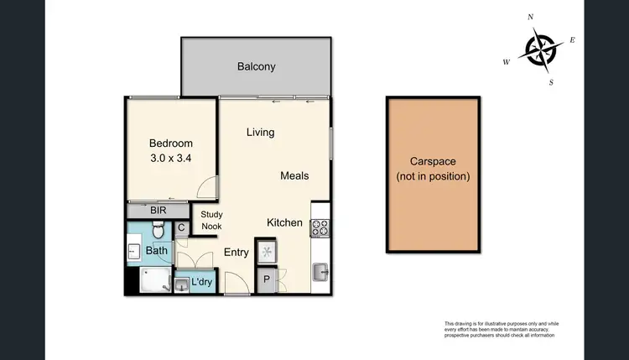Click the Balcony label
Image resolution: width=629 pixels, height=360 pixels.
256,66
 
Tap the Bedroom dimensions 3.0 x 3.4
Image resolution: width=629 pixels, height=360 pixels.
171,156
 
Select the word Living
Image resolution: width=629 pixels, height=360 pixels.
260,133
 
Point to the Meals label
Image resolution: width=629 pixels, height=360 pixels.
294,175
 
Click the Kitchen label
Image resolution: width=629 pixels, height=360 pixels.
284,222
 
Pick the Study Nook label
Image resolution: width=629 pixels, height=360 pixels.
211,221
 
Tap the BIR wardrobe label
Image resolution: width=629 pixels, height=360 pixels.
159,211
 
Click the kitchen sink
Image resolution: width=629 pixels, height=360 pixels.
320,270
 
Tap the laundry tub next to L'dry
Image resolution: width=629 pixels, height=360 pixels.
182,284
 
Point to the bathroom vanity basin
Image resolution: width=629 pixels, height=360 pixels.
134,250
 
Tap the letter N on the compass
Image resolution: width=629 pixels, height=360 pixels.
530,17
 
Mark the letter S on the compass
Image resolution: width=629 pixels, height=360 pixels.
551,82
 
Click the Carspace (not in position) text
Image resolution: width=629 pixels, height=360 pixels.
434,169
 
